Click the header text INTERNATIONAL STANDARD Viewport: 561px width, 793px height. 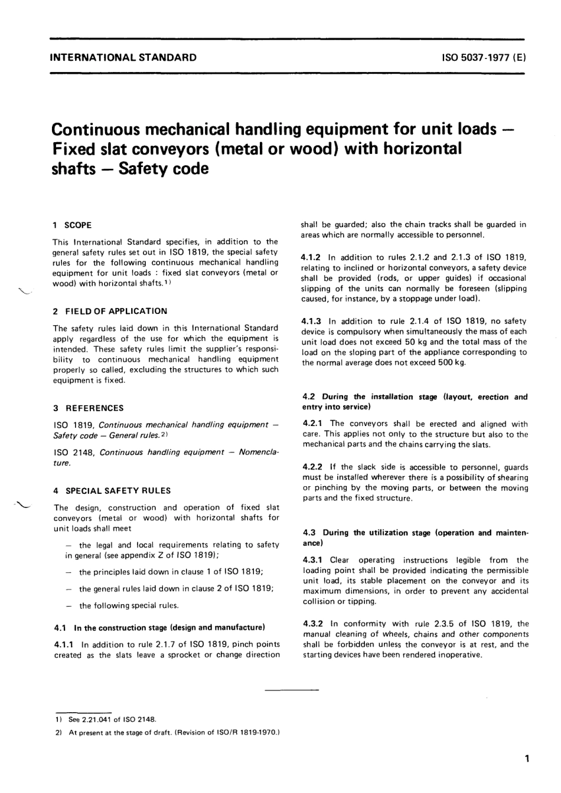tap(123, 58)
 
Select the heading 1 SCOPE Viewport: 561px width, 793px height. tap(73, 225)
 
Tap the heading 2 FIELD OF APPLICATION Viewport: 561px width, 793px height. tap(110, 311)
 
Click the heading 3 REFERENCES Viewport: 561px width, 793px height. tap(89, 408)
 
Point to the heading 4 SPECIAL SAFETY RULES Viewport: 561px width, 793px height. tap(112, 490)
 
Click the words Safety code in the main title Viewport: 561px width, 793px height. tap(164, 169)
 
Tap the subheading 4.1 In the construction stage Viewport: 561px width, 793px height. tap(159, 627)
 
